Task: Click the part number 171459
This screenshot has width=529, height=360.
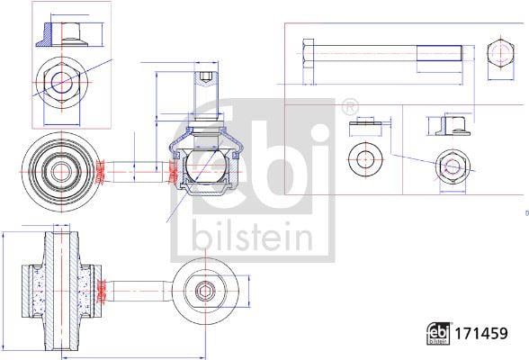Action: (x=481, y=333)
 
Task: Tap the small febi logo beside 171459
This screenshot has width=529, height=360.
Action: (x=438, y=333)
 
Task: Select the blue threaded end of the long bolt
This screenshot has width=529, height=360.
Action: (x=439, y=53)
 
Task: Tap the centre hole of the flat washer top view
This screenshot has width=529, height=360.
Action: (x=364, y=159)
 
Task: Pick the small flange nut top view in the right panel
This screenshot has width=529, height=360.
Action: (x=453, y=167)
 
